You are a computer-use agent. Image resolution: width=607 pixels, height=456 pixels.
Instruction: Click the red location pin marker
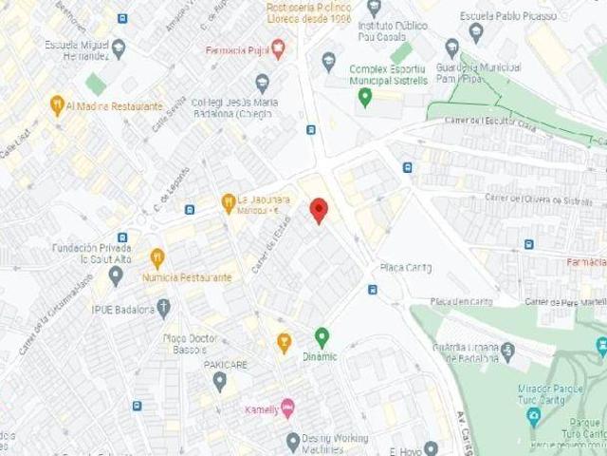click(x=319, y=210)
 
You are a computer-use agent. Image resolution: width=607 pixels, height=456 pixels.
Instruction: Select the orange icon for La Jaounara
click(x=228, y=202)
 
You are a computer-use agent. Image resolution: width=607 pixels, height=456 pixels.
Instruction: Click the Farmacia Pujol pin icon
click(x=278, y=48)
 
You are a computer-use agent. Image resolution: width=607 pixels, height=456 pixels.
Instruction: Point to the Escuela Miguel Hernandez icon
click(x=119, y=47)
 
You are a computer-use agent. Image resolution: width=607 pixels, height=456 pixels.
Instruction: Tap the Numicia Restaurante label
click(x=187, y=277)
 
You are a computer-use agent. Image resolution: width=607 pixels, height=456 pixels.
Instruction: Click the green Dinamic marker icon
click(x=322, y=337)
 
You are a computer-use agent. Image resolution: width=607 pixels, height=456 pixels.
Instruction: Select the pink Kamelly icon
click(x=287, y=408)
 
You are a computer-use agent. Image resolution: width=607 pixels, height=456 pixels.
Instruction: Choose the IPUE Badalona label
click(x=123, y=309)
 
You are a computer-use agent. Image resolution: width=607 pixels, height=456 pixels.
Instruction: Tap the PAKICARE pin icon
click(x=219, y=382)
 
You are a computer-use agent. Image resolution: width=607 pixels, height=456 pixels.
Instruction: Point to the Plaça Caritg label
click(x=405, y=267)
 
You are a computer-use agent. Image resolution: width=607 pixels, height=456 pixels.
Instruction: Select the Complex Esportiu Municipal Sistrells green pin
click(x=364, y=96)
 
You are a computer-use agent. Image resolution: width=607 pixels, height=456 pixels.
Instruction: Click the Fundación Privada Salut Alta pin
click(x=116, y=275)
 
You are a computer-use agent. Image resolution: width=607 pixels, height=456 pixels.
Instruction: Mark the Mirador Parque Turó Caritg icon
click(x=533, y=417)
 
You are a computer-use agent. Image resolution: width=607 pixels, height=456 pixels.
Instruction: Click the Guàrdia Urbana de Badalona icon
click(x=507, y=352)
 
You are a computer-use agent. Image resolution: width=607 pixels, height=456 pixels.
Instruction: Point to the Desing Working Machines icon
click(x=293, y=440)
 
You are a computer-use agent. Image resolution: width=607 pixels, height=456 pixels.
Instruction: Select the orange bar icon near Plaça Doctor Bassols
click(x=284, y=343)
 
